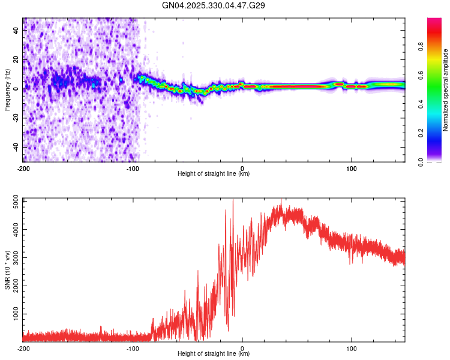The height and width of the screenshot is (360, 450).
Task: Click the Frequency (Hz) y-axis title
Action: click(x=7, y=90)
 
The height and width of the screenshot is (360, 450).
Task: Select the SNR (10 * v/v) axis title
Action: click(x=7, y=269)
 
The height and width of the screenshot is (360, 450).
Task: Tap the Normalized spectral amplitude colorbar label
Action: click(x=445, y=90)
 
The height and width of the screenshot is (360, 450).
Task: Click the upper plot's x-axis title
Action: click(x=214, y=174)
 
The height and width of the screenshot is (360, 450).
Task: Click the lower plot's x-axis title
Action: click(x=214, y=354)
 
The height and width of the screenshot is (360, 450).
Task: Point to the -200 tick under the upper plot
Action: click(x=23, y=167)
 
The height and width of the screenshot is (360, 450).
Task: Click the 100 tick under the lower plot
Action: click(x=352, y=347)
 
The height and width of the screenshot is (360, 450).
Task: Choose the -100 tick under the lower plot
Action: click(x=133, y=347)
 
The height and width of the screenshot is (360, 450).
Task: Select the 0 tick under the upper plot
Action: click(x=242, y=167)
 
